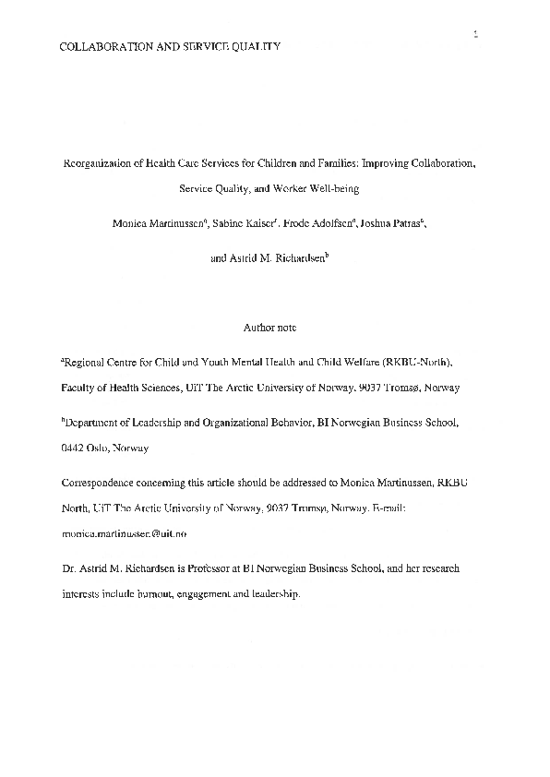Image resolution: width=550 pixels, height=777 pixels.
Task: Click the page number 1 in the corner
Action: tap(474, 36)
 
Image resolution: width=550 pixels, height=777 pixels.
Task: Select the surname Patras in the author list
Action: tap(401, 223)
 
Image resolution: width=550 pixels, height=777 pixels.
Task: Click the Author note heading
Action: tap(269, 327)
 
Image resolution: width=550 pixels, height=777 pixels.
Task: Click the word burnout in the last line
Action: tap(149, 595)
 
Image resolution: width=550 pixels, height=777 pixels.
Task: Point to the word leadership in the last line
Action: tap(273, 595)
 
